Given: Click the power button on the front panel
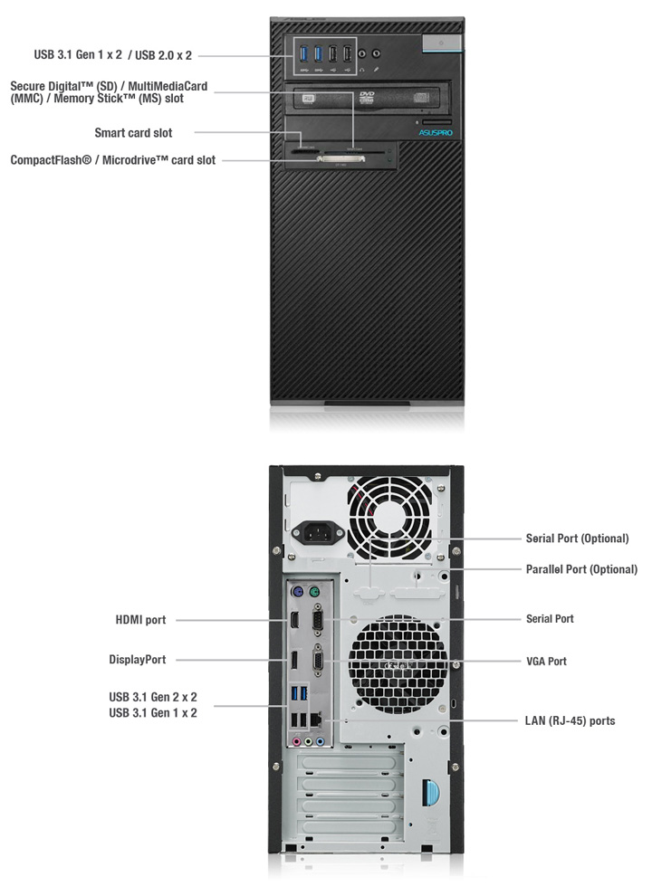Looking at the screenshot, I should (439, 43).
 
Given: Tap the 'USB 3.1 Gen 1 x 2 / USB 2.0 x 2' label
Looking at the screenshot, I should (113, 55).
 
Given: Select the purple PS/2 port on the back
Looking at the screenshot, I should (296, 593).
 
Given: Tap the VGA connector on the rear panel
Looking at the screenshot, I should (319, 661).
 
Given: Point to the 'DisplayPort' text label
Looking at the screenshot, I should (138, 660).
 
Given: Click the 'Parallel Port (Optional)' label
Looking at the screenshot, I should (581, 569).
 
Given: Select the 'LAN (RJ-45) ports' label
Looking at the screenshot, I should (570, 721).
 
